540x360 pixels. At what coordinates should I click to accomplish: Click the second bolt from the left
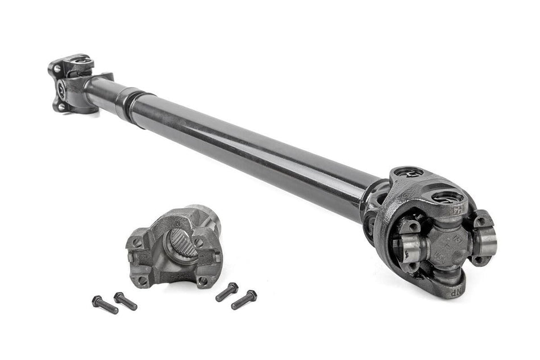pyautogui.click(x=125, y=301)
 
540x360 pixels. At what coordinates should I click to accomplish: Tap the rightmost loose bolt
pyautogui.click(x=244, y=300)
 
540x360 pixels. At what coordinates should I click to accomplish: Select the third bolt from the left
pyautogui.click(x=227, y=292)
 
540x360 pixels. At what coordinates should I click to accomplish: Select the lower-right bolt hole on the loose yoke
pyautogui.click(x=202, y=280)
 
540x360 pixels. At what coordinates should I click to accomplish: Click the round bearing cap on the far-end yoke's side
pyautogui.click(x=62, y=89)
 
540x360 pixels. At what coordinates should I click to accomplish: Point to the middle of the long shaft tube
pyautogui.click(x=250, y=145)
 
